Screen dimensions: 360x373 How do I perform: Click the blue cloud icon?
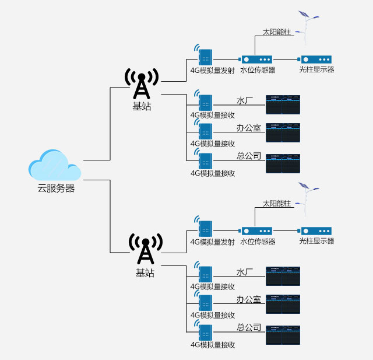(x=55, y=166)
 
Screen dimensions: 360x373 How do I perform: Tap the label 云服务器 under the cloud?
(x=56, y=188)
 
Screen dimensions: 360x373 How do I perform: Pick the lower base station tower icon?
(x=145, y=250)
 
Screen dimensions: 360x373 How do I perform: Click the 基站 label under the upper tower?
(x=142, y=107)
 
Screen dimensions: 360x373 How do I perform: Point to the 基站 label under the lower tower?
(x=145, y=272)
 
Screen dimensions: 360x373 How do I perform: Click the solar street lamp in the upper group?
(x=305, y=24)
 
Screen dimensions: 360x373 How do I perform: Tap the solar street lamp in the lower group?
(x=305, y=195)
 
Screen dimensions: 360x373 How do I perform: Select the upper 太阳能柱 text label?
(x=276, y=32)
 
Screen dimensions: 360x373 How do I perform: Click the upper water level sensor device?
(x=257, y=60)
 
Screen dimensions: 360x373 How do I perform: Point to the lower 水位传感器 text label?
(x=258, y=242)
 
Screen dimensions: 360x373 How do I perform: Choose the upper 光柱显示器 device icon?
(x=316, y=60)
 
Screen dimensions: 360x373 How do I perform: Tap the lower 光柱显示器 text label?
(x=316, y=242)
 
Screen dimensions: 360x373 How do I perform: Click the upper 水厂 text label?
(x=245, y=100)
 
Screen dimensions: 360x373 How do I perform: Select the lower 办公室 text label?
(x=248, y=300)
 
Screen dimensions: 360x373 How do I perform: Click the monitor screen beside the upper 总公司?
(x=283, y=164)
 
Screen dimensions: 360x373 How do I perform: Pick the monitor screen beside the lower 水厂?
(x=283, y=277)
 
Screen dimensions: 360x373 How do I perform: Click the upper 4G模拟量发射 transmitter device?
(x=205, y=57)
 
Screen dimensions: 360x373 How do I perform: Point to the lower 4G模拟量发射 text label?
(x=212, y=242)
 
